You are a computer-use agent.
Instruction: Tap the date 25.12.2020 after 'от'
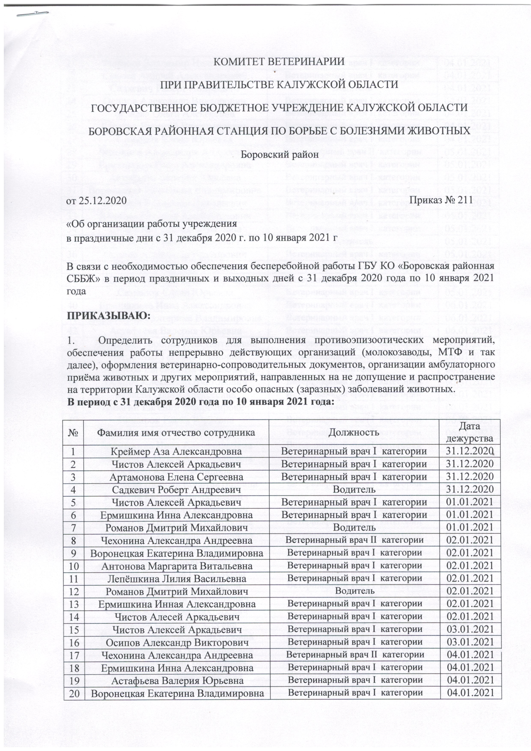102,200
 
